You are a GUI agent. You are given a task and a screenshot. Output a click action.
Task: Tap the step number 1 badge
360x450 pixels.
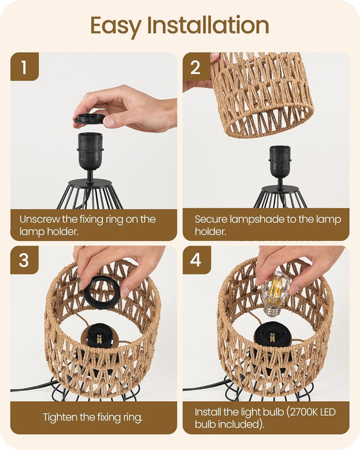(24, 67)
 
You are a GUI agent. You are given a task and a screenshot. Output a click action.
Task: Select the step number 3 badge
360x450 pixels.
(24, 260)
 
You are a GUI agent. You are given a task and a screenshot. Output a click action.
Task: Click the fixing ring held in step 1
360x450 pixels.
(89, 118)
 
